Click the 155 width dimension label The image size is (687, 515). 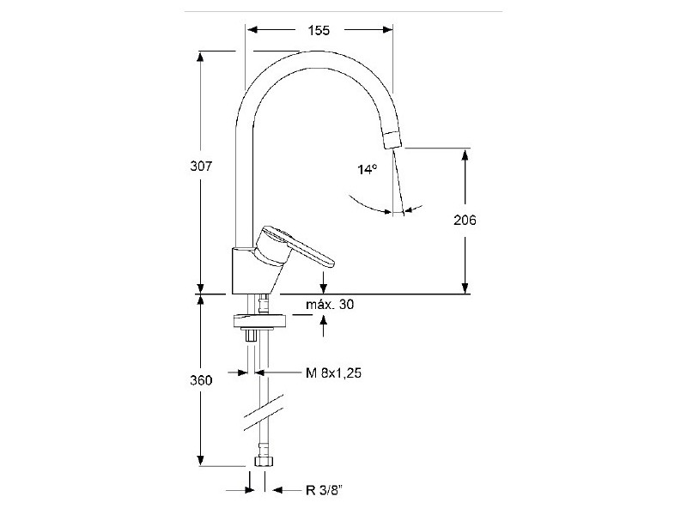[319, 30]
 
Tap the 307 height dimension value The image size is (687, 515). [201, 167]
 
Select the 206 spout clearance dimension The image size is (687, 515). [465, 220]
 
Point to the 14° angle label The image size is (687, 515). [368, 169]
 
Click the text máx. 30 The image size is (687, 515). [330, 304]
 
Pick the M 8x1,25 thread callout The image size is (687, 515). [334, 373]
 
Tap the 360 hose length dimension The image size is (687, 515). [201, 380]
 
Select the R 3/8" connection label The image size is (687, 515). [324, 490]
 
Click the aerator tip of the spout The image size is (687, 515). [393, 140]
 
